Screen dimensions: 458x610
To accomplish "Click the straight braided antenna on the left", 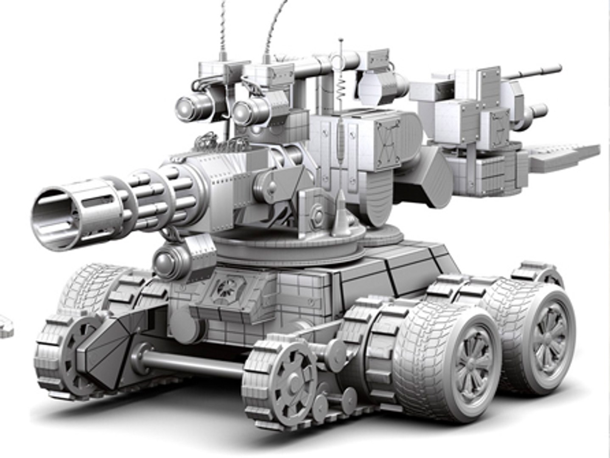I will coord(222,25).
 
